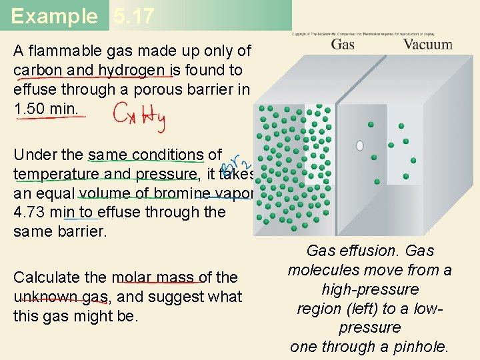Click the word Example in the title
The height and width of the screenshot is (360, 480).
[54, 16]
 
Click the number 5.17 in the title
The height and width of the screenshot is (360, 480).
[133, 16]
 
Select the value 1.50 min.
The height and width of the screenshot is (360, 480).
[50, 108]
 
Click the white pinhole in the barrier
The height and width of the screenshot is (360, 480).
[360, 145]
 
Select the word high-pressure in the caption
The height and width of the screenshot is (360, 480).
[370, 289]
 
